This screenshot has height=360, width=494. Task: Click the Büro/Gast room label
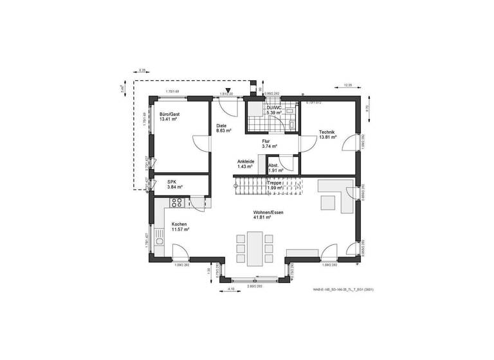point(169,114)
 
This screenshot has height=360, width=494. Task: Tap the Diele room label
point(221,125)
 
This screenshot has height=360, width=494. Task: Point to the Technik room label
point(327,132)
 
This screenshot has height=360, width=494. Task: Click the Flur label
point(265,141)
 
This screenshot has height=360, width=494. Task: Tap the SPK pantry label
point(172,181)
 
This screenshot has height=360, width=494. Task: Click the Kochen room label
point(179,224)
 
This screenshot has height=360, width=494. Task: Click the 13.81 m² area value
point(327,138)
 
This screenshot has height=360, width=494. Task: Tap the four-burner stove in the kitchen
point(178,203)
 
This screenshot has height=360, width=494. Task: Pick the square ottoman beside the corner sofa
point(327,201)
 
